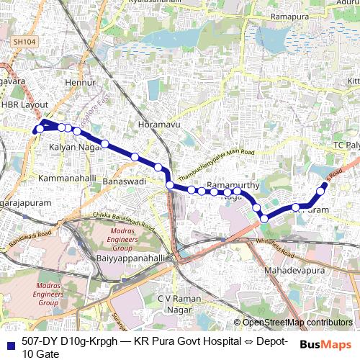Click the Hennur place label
click(x=76, y=84)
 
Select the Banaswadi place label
click(x=125, y=181)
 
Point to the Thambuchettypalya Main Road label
click(x=216, y=163)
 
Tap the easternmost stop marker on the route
click(x=323, y=185)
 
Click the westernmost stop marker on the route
click(x=38, y=130)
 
